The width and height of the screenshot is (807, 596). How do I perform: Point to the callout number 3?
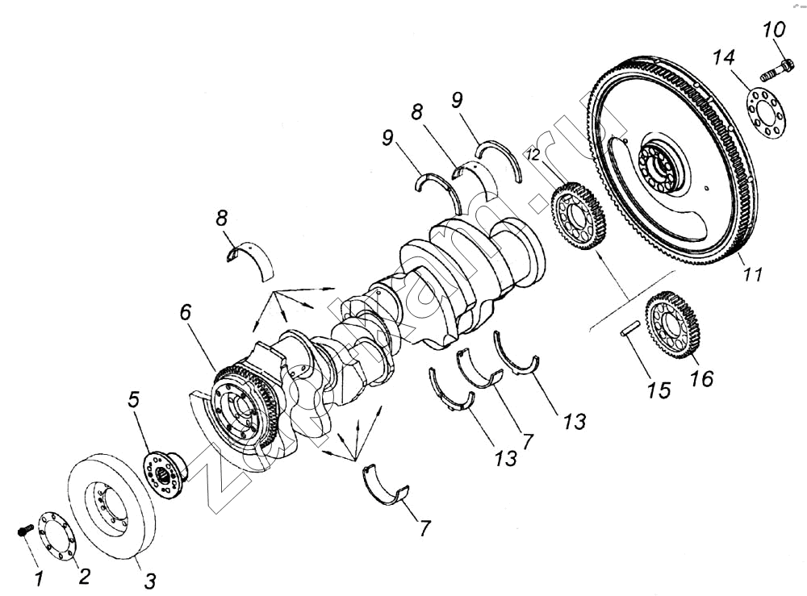pyautogui.click(x=150, y=581)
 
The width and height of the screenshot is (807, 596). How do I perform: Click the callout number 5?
pyautogui.click(x=134, y=400)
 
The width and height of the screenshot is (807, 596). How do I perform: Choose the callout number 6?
pyautogui.click(x=186, y=313)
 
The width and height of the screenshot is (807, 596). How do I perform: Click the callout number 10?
pyautogui.click(x=774, y=31)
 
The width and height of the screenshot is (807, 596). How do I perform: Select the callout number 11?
pyautogui.click(x=752, y=274)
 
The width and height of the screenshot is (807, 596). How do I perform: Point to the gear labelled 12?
pyautogui.click(x=579, y=215)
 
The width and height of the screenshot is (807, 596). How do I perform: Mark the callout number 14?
pyautogui.click(x=724, y=58)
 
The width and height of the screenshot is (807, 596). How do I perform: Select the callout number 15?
pyautogui.click(x=659, y=390)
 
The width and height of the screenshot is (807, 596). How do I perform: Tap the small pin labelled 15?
pyautogui.click(x=631, y=328)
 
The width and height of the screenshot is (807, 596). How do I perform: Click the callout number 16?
pyautogui.click(x=702, y=377)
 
